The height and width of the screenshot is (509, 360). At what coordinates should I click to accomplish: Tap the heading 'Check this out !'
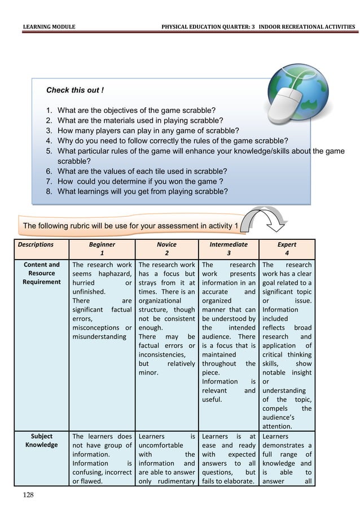[74, 90]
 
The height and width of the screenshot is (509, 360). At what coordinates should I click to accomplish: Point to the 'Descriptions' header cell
[36, 245]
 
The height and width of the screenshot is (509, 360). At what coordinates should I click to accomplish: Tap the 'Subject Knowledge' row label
[41, 440]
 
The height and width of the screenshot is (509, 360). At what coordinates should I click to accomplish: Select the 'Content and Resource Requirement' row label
[41, 273]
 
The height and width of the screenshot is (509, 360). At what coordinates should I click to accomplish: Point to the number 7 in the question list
[49, 182]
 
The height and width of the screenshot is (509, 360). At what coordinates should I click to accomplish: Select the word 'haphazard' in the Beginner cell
[115, 274]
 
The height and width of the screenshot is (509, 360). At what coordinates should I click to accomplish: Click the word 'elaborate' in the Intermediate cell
[240, 481]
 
